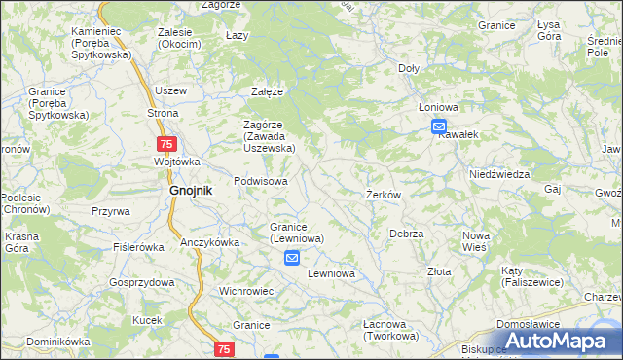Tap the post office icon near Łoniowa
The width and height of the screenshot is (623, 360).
(439, 126)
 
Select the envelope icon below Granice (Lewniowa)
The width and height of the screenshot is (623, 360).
(292, 258)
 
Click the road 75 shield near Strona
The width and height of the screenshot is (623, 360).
(166, 144)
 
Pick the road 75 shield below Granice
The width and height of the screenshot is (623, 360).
(225, 348)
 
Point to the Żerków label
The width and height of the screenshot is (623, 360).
(384, 195)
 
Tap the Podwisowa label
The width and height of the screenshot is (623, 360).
(261, 182)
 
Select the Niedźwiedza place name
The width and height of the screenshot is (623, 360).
(498, 174)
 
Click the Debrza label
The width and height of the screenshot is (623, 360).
(406, 234)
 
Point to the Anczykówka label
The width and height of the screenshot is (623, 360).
(209, 242)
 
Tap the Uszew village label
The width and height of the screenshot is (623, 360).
(170, 90)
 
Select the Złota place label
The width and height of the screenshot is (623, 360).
(439, 271)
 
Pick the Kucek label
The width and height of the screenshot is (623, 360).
(147, 320)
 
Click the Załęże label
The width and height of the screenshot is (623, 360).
(267, 91)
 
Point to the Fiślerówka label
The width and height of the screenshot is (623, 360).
(138, 247)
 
